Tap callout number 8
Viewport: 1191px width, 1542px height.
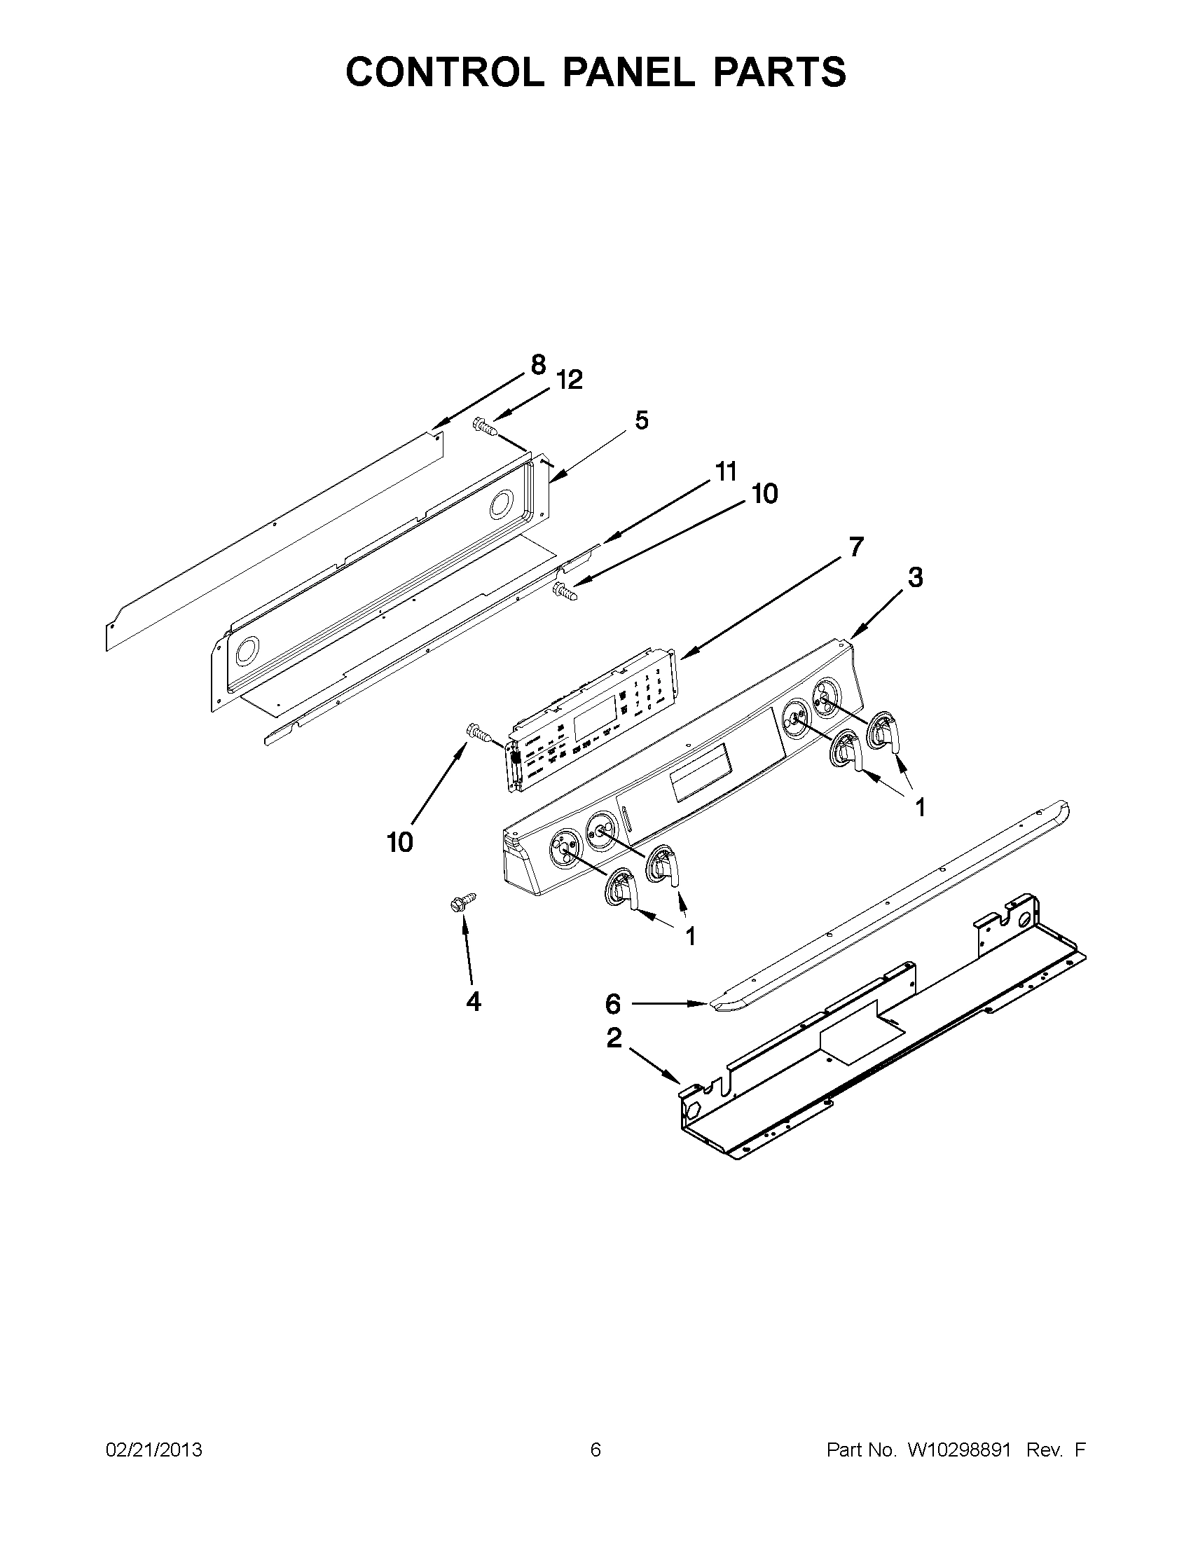point(538,365)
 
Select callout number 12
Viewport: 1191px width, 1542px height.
point(569,380)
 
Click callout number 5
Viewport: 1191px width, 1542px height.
point(640,420)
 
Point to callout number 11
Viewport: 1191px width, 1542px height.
point(725,471)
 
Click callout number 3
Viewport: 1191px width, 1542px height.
point(914,577)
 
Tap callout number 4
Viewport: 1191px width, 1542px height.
point(473,1000)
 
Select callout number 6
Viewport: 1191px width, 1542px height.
point(613,1003)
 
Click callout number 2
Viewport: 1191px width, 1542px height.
point(614,1038)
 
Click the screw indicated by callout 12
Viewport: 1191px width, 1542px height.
point(484,427)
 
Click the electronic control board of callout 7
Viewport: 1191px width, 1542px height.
point(593,720)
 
